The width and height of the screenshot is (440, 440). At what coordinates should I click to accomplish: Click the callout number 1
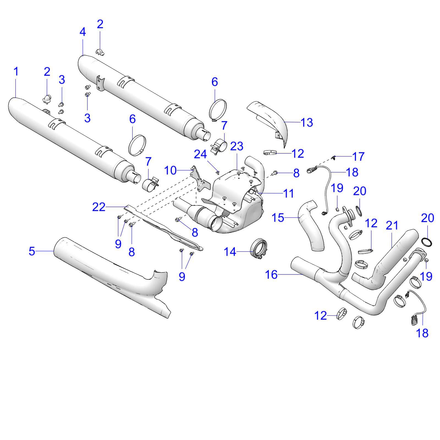click(16, 72)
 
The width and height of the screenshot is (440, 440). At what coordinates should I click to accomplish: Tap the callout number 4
click(82, 32)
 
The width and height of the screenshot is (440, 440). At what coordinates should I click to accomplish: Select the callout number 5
click(32, 251)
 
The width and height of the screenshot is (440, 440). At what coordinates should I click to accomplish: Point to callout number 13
click(307, 122)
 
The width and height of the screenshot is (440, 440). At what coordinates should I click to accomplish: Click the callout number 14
click(230, 252)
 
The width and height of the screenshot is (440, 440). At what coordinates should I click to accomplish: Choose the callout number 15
click(277, 218)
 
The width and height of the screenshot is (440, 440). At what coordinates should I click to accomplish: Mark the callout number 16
click(271, 274)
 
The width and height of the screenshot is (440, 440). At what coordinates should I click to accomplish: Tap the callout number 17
click(358, 157)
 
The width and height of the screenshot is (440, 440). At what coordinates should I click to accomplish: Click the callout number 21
click(392, 226)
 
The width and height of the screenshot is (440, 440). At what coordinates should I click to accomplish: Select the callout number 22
click(99, 207)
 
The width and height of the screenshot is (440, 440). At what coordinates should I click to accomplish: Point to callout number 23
click(237, 146)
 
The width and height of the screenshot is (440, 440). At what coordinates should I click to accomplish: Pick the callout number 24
click(200, 155)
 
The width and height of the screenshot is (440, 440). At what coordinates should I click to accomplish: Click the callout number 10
click(170, 170)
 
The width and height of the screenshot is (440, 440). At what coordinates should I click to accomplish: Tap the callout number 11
click(288, 193)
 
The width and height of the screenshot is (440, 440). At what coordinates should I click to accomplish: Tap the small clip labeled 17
click(334, 157)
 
